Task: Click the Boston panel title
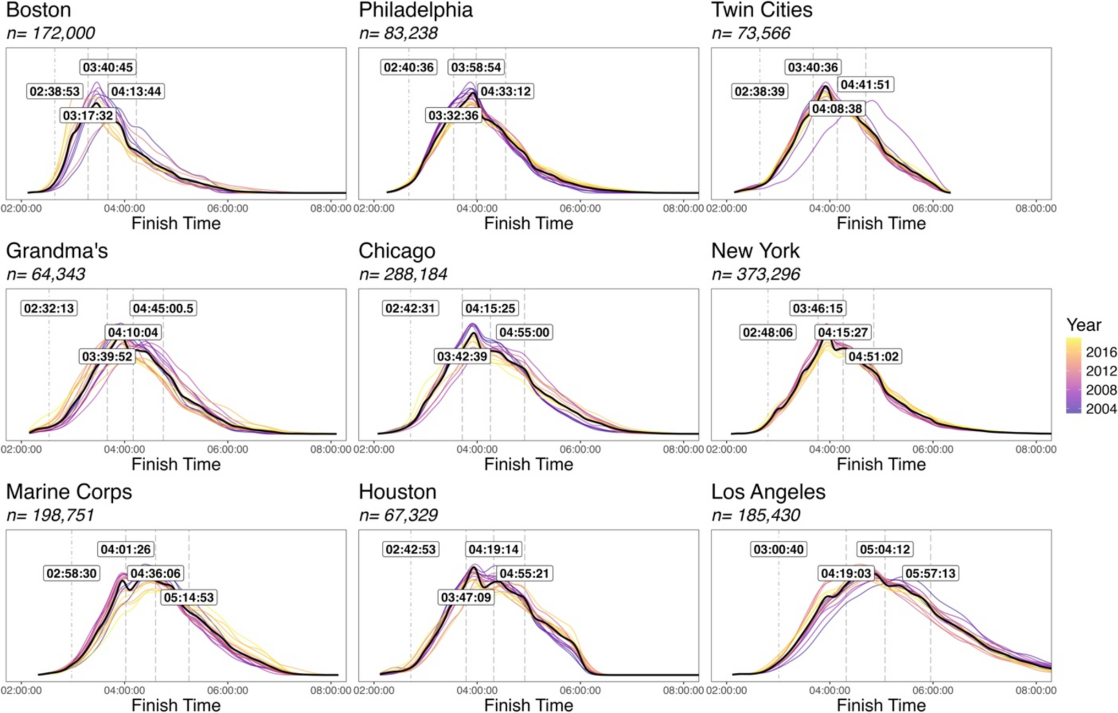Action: (x=39, y=10)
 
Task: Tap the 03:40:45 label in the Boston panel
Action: (x=108, y=67)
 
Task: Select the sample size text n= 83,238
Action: (x=398, y=33)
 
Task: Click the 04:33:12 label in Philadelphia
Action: (x=505, y=91)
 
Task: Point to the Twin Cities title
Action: (x=761, y=10)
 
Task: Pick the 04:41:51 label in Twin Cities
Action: (x=865, y=85)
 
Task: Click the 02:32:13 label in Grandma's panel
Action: (x=49, y=308)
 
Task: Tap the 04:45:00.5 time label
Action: (x=163, y=308)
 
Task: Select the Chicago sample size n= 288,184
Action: (x=403, y=274)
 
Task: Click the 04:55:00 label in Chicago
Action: (x=524, y=332)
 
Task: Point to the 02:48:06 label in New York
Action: (x=768, y=332)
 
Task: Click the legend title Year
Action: (x=1083, y=325)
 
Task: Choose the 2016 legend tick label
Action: (x=1101, y=352)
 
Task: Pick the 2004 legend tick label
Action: (x=1101, y=409)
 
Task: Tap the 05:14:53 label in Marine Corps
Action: (x=188, y=597)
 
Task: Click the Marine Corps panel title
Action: (x=69, y=492)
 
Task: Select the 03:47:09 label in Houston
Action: (x=465, y=597)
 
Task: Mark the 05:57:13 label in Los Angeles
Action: (x=930, y=573)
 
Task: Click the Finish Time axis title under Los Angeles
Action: (x=881, y=705)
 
